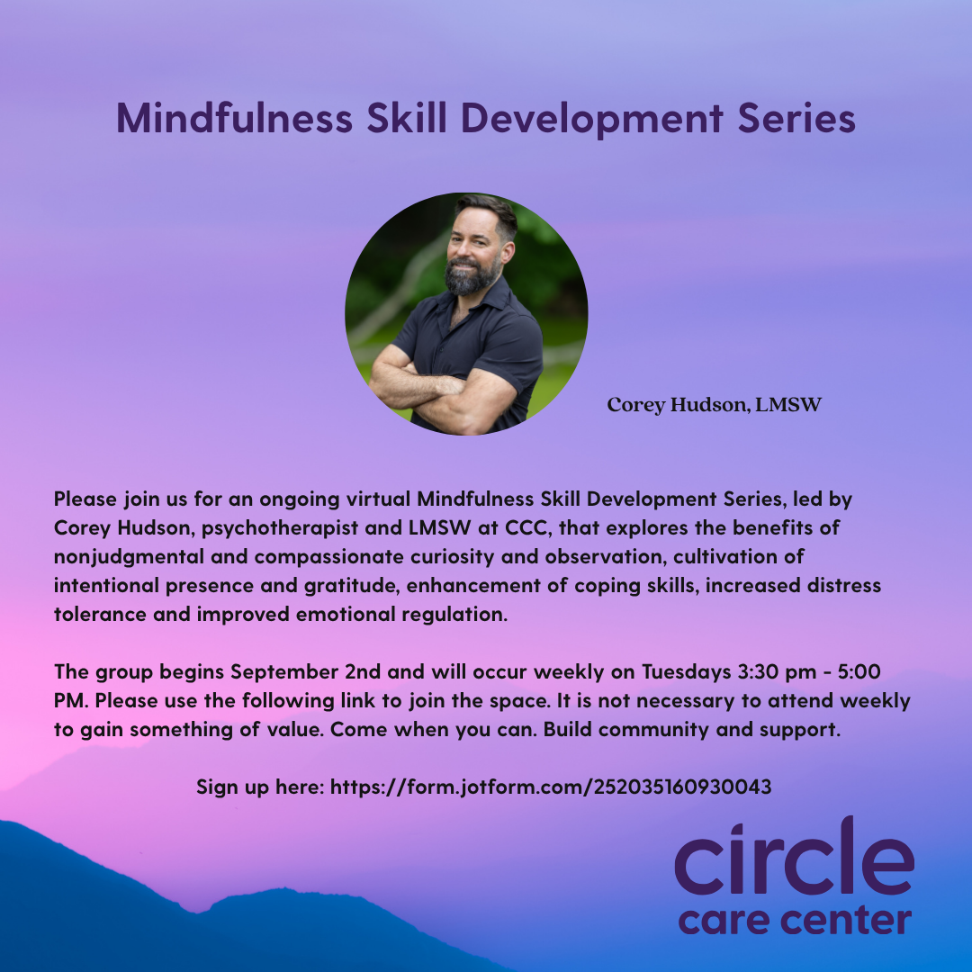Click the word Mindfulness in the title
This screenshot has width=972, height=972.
tap(234, 117)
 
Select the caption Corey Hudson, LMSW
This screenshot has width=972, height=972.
tap(714, 405)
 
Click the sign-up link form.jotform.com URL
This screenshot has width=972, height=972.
tap(551, 787)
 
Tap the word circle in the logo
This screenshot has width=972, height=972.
tap(794, 857)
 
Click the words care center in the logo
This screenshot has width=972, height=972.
tap(795, 921)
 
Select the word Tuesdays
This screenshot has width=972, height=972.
tap(686, 672)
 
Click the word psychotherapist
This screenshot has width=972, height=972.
tap(280, 528)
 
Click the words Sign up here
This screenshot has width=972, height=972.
tap(260, 787)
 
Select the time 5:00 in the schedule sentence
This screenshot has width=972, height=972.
tap(859, 672)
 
